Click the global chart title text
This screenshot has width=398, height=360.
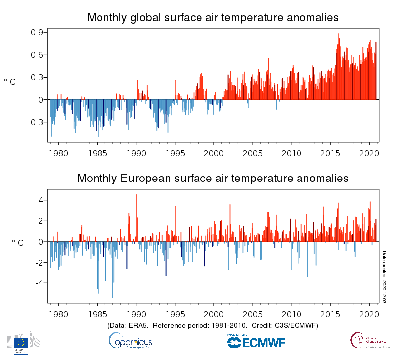click(x=213, y=18)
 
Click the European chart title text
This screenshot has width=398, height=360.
click(x=213, y=178)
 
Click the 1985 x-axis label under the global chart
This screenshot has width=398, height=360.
click(x=97, y=152)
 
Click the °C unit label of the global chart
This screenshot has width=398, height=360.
click(x=10, y=82)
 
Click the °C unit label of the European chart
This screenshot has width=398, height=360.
click(x=17, y=243)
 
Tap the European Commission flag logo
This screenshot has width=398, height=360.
click(x=21, y=342)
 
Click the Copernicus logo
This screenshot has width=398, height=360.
click(x=130, y=341)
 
